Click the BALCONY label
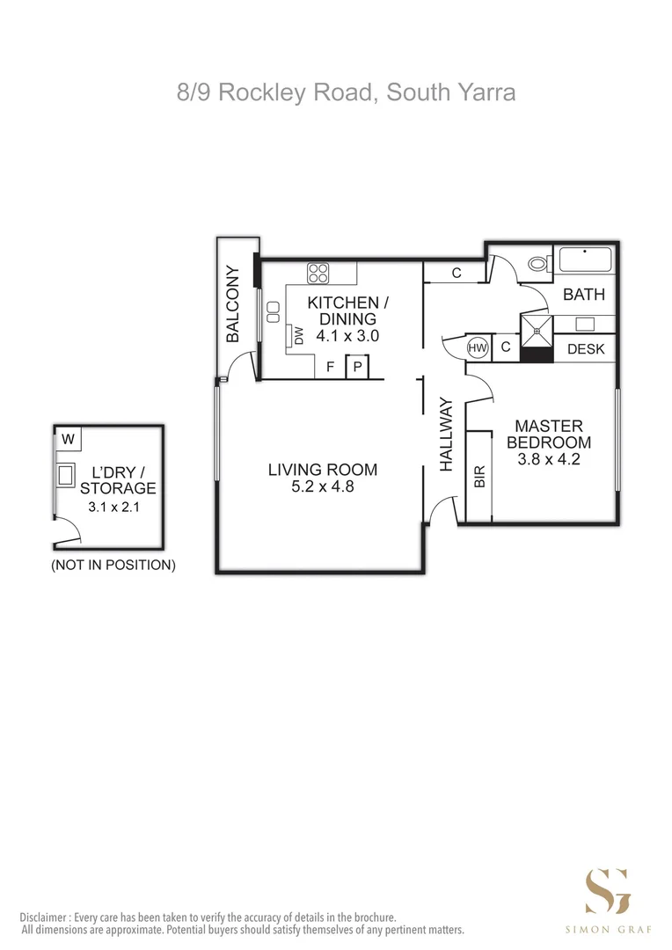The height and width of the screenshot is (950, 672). click(x=233, y=303)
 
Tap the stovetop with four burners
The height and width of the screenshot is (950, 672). click(x=318, y=273)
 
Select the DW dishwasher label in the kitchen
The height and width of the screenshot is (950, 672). click(x=298, y=335)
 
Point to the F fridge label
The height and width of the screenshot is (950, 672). click(x=330, y=367)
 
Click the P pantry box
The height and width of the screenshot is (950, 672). click(x=358, y=367)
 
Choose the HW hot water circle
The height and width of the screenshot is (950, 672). click(x=478, y=348)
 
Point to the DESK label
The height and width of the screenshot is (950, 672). click(x=586, y=349)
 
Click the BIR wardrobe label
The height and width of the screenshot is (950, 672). click(x=479, y=476)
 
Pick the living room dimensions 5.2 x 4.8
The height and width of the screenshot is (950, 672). click(x=323, y=486)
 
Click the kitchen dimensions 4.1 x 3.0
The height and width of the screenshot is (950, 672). click(x=341, y=335)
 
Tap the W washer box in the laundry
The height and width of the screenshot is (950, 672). click(x=69, y=437)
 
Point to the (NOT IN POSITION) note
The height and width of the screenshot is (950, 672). click(x=113, y=565)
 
